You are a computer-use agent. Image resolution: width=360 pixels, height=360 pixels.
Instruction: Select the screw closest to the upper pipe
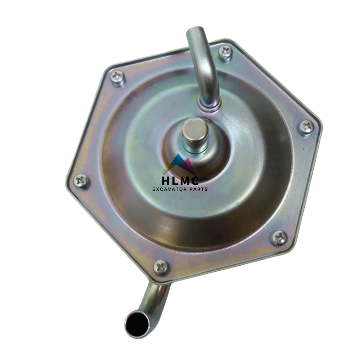[226, 53]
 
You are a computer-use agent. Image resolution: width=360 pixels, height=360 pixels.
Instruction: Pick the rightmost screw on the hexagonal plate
[306, 128]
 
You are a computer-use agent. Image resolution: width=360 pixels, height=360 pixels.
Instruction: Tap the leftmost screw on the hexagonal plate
[81, 181]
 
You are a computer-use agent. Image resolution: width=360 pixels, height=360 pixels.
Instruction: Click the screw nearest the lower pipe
[162, 267]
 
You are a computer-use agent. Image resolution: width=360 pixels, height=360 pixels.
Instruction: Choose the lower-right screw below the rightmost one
[279, 238]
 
